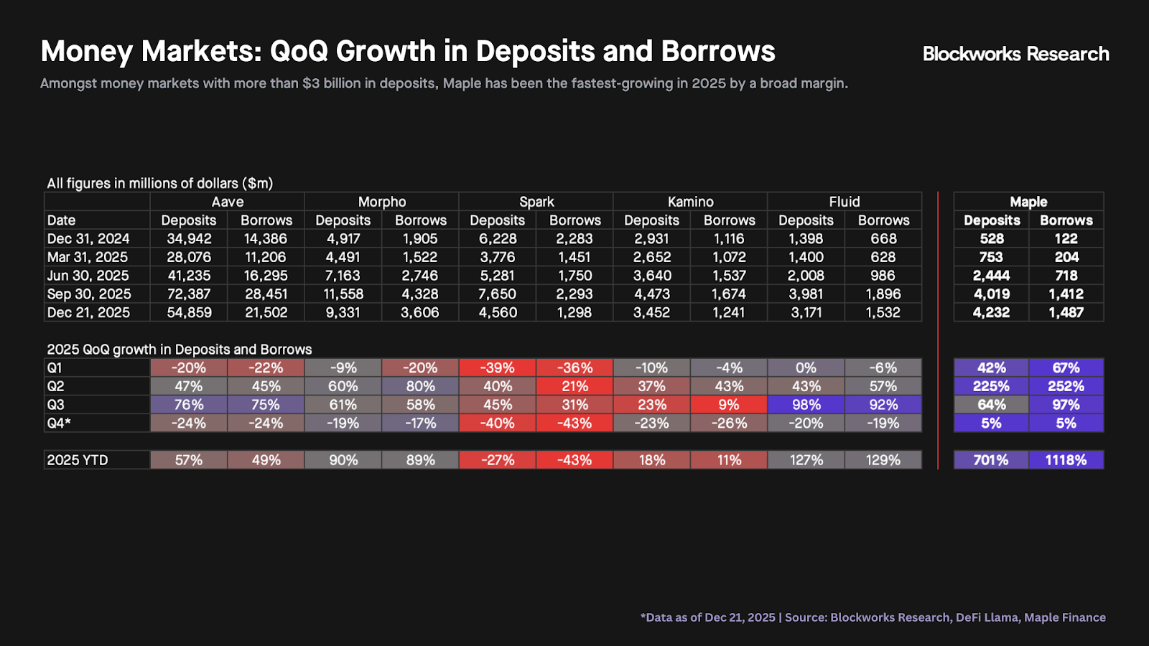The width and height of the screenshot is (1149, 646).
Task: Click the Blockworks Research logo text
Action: point(1015,54)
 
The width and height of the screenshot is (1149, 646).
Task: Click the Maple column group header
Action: point(1028,202)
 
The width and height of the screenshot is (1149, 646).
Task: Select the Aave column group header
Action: point(227,202)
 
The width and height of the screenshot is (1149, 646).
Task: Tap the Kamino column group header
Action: point(690,202)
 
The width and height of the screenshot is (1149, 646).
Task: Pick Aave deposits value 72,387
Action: point(188,294)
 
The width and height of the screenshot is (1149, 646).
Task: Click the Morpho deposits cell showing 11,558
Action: point(343,294)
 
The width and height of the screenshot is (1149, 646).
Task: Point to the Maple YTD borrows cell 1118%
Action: point(1066,460)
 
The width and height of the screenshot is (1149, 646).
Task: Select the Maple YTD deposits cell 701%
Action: point(991,460)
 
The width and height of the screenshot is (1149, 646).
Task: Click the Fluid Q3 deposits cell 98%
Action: point(806,405)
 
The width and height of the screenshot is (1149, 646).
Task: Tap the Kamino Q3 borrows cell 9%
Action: point(729,405)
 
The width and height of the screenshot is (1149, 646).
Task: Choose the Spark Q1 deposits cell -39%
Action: point(497,368)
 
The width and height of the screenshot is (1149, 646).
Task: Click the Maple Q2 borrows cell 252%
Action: point(1066,386)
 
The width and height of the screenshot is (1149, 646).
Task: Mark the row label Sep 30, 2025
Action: point(89,294)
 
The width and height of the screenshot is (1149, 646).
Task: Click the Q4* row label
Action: point(59,423)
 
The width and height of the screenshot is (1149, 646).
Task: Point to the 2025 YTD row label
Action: point(78,460)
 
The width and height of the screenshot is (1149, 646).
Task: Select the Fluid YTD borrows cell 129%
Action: point(883,460)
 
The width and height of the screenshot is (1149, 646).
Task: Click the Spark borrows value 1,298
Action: point(574,312)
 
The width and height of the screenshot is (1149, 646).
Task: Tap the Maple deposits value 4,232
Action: point(991,312)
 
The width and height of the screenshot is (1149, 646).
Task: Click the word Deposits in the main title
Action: point(535,52)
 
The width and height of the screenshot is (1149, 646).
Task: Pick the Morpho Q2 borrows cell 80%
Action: point(420,386)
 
